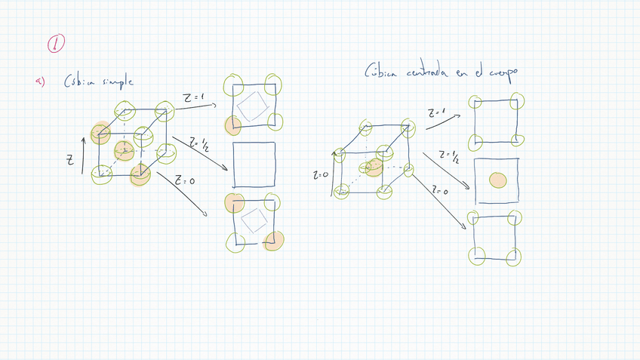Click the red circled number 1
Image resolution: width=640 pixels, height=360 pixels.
pos(56,45)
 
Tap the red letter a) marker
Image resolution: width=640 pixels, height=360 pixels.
pos(41,82)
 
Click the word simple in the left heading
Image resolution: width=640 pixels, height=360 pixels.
pos(118,82)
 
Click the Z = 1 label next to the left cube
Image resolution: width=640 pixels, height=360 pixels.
pos(194,98)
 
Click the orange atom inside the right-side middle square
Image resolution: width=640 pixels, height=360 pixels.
pos(497,180)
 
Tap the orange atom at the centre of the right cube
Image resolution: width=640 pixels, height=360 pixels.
pos(374,168)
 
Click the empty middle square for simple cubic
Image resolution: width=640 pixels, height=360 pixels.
pos(254,165)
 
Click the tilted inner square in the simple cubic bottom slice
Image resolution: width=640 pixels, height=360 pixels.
pos(254,221)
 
